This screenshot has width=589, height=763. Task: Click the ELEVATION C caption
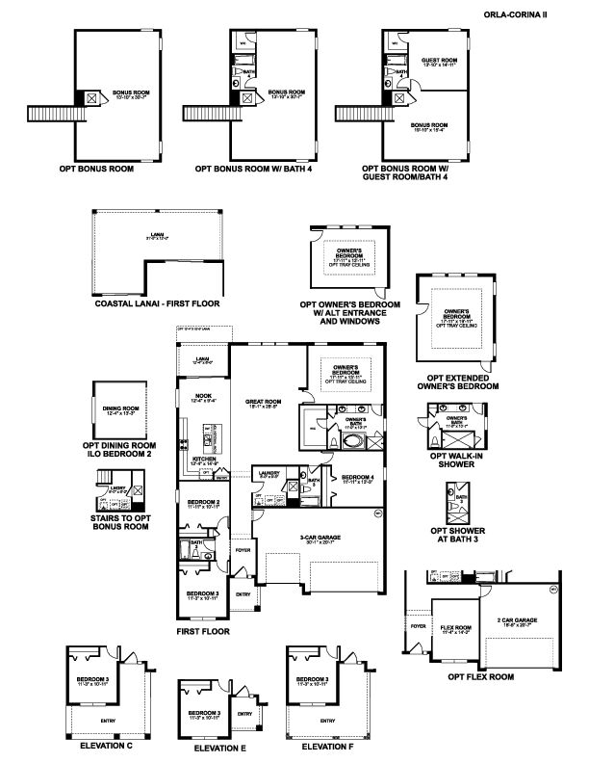pyautogui.click(x=107, y=745)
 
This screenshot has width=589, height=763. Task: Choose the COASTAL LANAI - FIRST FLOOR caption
pyautogui.click(x=157, y=303)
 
